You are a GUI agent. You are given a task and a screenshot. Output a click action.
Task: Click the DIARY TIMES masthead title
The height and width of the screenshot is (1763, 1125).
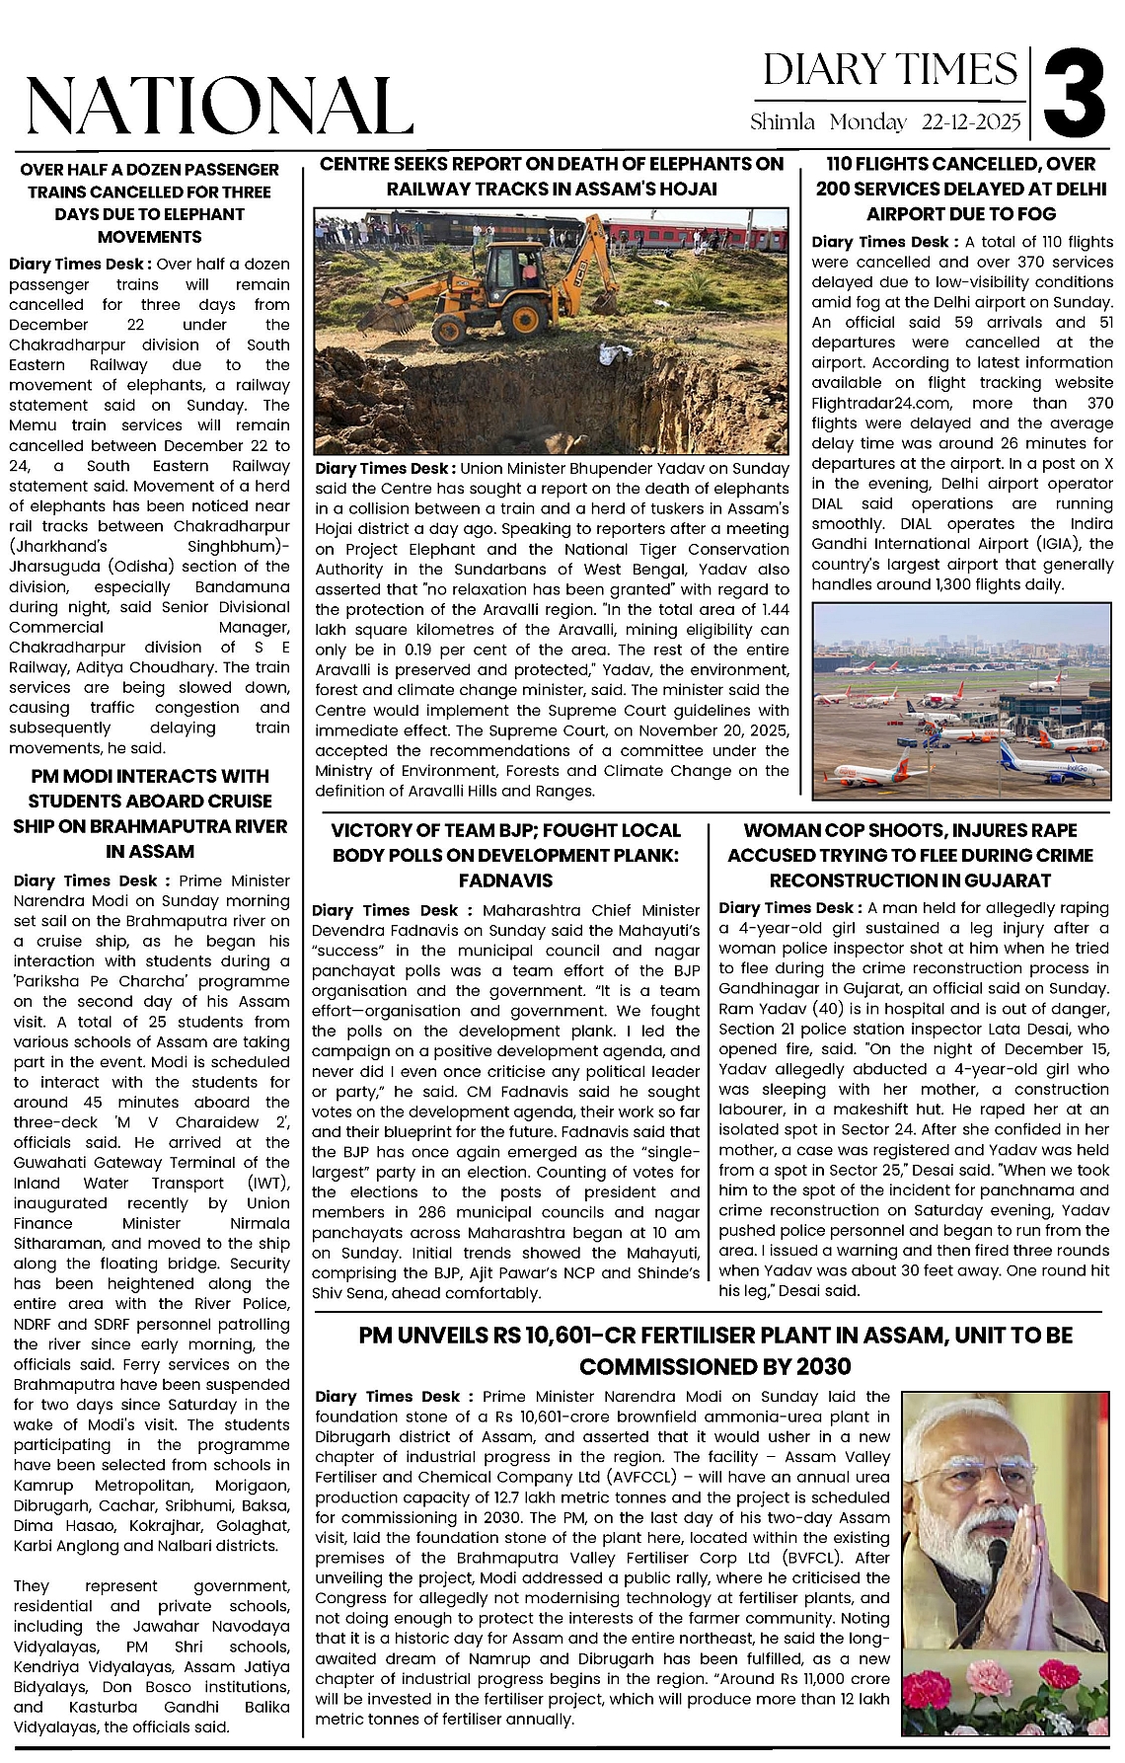click(x=890, y=70)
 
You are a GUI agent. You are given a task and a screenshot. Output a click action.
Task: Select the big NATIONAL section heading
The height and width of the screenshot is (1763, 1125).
click(x=219, y=106)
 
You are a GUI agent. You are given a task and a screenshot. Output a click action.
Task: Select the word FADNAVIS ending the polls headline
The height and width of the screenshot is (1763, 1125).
click(x=505, y=881)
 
